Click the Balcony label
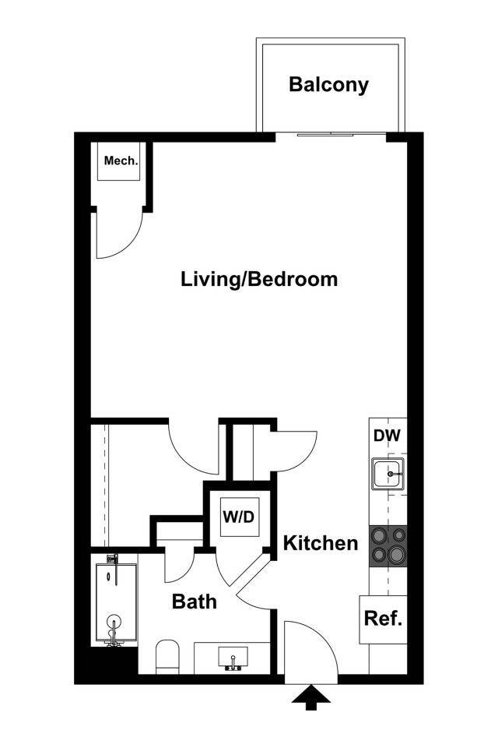coord(328,85)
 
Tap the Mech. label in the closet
coord(121,162)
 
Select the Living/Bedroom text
coord(259,279)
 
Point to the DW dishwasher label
coord(387,436)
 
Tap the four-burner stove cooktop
coord(388,545)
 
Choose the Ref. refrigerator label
coord(384,620)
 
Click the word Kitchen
coord(320,543)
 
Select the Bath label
coord(194,602)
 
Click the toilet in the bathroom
coord(168,656)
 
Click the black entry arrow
coord(310,696)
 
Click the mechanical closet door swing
coord(118,235)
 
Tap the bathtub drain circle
coord(114,623)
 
